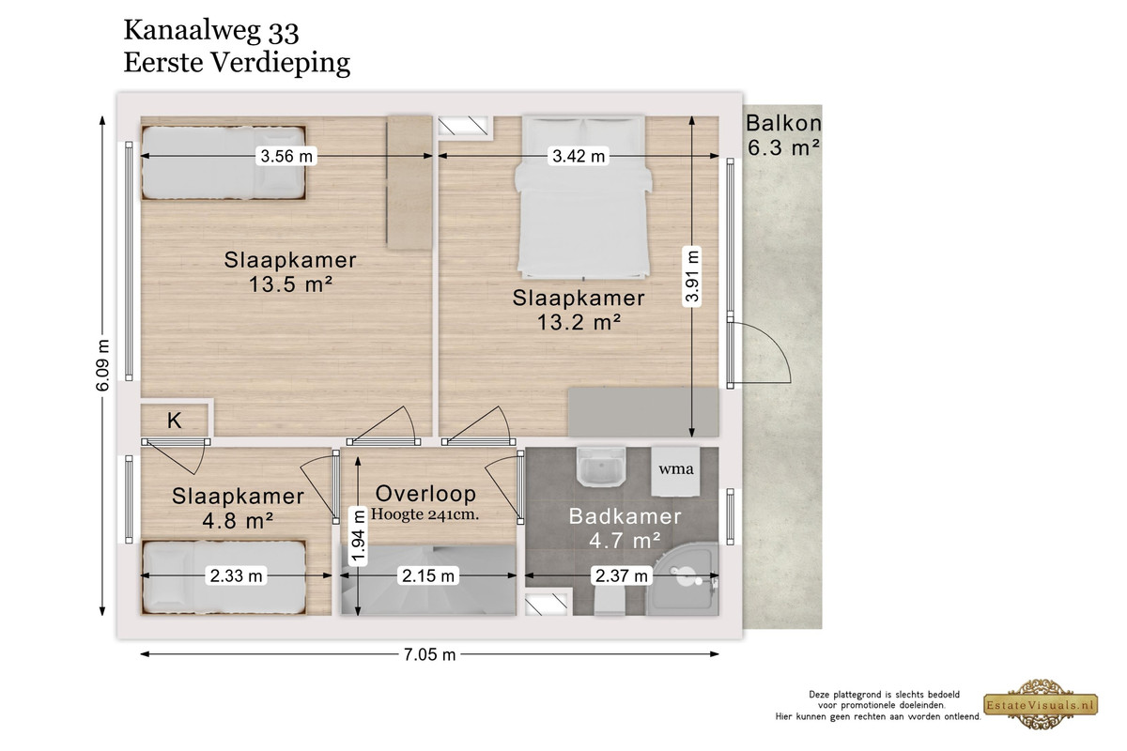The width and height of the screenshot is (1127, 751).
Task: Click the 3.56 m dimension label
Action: click(x=286, y=156)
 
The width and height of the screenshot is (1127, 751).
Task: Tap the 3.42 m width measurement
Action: click(x=579, y=156)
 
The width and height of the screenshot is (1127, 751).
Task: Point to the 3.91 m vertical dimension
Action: click(x=692, y=276)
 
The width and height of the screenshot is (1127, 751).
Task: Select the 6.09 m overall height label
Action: click(x=102, y=365)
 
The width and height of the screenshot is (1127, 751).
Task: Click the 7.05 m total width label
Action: click(x=430, y=654)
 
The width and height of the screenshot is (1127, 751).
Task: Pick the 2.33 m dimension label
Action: click(x=236, y=575)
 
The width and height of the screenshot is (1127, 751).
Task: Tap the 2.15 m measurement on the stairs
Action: click(x=428, y=575)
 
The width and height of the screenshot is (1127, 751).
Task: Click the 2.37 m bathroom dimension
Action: click(x=622, y=575)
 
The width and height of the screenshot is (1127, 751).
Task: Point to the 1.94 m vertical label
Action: click(x=358, y=536)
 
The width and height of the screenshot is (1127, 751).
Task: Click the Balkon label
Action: click(x=783, y=123)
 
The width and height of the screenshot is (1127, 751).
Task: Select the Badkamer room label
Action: click(x=625, y=516)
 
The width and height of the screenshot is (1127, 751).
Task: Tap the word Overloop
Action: click(x=425, y=494)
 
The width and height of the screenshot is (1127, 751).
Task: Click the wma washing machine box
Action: click(x=675, y=471)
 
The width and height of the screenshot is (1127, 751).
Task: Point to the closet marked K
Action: click(x=175, y=420)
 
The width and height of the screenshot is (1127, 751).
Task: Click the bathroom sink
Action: click(x=601, y=467)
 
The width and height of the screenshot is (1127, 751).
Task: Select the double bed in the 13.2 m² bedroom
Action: click(x=583, y=197)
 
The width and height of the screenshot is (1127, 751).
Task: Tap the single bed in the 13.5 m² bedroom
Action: click(x=224, y=162)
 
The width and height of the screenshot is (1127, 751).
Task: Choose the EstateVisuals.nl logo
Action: click(x=1041, y=704)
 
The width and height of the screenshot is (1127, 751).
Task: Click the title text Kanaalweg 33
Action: click(x=211, y=31)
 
